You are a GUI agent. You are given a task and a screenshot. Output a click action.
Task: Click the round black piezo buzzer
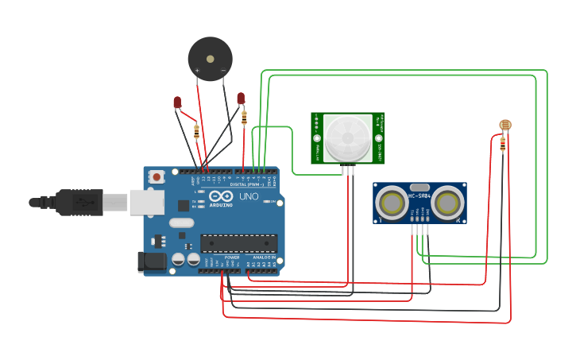[210, 58]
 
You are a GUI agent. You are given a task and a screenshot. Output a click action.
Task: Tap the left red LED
[178, 103]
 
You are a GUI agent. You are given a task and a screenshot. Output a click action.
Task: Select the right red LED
[241, 98]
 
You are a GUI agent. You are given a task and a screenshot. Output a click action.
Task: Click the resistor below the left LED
[196, 130]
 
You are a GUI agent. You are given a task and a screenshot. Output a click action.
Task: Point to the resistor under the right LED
[244, 118]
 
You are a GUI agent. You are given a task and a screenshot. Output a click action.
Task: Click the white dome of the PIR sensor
[347, 137]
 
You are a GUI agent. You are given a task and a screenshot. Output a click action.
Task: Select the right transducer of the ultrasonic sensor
[447, 203]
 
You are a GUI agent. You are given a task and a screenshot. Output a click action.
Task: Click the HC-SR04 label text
[419, 196]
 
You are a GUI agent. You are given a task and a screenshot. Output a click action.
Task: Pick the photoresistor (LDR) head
[504, 125]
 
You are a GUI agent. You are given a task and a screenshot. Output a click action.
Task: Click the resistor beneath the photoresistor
[503, 144]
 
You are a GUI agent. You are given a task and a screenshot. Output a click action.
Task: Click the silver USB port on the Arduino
[147, 203]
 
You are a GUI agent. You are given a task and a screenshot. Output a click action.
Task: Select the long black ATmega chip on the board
[238, 243]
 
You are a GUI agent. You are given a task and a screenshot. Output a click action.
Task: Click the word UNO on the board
[249, 196]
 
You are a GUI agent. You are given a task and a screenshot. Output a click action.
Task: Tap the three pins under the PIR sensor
[347, 169]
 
